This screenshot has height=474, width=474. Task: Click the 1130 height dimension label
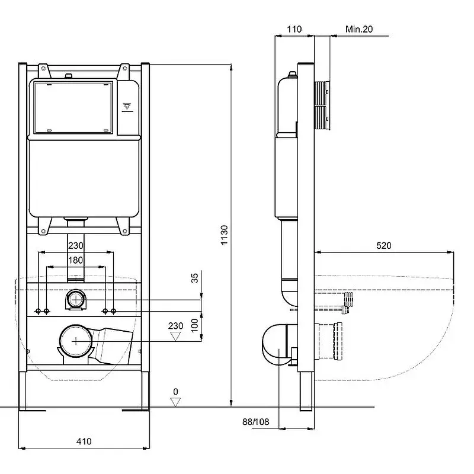pyautogui.click(x=224, y=235)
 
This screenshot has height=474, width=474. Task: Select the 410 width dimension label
pyautogui.click(x=84, y=441)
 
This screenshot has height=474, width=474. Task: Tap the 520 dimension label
pyautogui.click(x=383, y=245)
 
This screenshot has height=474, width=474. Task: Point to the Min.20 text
pyautogui.click(x=359, y=29)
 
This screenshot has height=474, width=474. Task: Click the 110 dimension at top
pyautogui.click(x=294, y=29)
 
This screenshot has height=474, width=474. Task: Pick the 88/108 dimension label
pyautogui.click(x=255, y=422)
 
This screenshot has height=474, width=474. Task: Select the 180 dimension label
pyautogui.click(x=75, y=260)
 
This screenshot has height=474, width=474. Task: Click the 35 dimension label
pyautogui.click(x=194, y=278)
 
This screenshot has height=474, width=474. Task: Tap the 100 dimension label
pyautogui.click(x=194, y=325)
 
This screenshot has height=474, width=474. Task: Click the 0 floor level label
pyautogui.click(x=175, y=392)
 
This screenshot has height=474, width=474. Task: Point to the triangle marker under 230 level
pyautogui.click(x=175, y=337)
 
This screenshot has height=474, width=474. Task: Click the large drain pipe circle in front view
pyautogui.click(x=76, y=341)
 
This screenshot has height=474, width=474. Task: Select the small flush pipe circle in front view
pyautogui.click(x=76, y=299)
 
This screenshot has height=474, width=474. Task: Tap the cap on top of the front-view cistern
pyautogui.click(x=69, y=75)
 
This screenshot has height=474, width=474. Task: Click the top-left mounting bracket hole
pyautogui.click(x=43, y=69)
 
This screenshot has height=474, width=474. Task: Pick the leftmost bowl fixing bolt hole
pyautogui.click(x=38, y=311)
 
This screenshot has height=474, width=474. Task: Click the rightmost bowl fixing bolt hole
pyautogui.click(x=113, y=311)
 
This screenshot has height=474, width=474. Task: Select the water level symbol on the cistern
pyautogui.click(x=127, y=107)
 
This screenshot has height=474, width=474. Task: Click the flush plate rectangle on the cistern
pyautogui.click(x=73, y=107)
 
